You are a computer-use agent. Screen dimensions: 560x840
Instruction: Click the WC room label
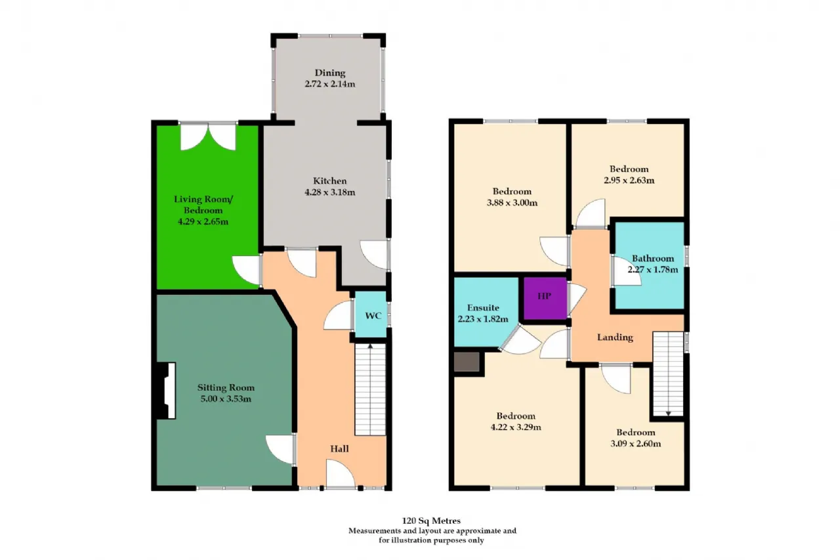click(373, 316)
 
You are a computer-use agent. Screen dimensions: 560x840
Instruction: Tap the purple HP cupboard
click(543, 297)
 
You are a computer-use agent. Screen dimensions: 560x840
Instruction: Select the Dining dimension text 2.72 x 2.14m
click(329, 85)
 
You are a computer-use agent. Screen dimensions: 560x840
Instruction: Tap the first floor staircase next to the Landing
click(668, 374)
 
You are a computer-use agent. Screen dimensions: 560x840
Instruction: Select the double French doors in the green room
click(208, 137)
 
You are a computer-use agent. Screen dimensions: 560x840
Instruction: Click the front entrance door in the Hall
click(341, 474)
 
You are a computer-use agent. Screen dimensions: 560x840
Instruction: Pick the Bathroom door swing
click(627, 272)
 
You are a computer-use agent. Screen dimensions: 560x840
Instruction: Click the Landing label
click(615, 337)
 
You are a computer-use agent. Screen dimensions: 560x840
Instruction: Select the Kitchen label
click(329, 181)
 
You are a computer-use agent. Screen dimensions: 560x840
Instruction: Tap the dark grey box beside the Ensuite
click(467, 362)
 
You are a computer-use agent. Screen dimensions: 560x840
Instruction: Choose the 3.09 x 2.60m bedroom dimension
click(635, 443)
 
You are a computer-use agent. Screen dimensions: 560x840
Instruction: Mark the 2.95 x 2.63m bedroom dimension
click(629, 180)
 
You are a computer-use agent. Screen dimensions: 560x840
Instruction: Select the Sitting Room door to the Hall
click(280, 450)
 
